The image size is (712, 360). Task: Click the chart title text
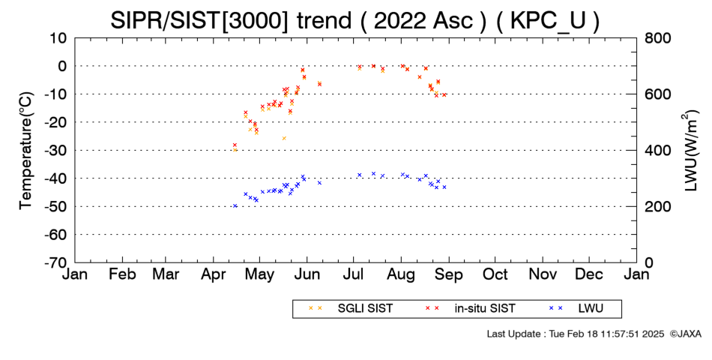pos(355,20)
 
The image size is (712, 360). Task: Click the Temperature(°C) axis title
pos(26,151)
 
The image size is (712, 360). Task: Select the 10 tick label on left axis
pos(58,38)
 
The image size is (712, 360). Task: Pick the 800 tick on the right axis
pos(657,38)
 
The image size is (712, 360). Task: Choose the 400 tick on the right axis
pos(657,151)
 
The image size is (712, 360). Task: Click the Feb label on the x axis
pos(122,274)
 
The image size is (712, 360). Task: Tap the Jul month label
pos(353,274)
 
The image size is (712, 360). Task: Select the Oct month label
pos(495,274)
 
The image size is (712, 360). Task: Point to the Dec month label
pos(589,274)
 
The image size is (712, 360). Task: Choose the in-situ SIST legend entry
pos(471,309)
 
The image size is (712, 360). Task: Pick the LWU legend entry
pos(576,309)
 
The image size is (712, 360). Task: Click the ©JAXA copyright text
pos(685,334)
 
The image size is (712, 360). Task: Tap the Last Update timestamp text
pos(576,334)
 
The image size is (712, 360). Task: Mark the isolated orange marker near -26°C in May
pos(284,138)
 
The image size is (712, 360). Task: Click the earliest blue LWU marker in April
pos(235,206)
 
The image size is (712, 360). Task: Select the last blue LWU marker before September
pos(444,187)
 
